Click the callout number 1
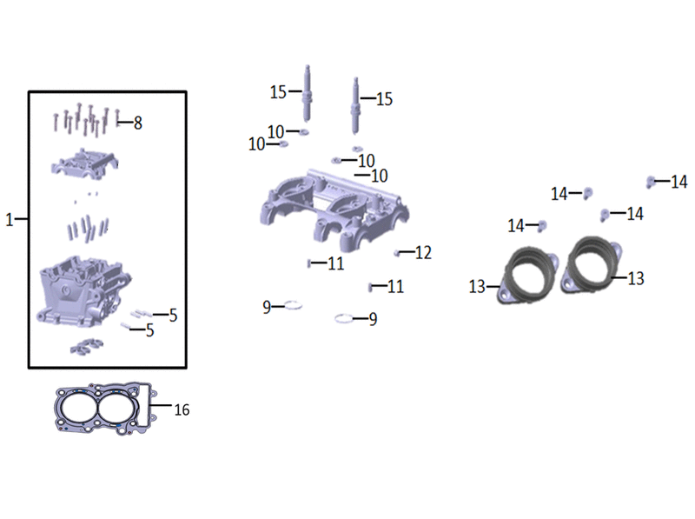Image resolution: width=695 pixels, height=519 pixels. (10, 220)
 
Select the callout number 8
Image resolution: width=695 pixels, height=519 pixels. (138, 123)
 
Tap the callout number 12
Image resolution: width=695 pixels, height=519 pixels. (423, 252)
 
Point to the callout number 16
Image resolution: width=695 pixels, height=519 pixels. (182, 409)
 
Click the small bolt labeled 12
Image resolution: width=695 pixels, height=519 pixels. (397, 253)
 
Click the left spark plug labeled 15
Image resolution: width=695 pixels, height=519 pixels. (307, 93)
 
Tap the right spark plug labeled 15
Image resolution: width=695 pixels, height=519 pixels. (355, 105)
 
